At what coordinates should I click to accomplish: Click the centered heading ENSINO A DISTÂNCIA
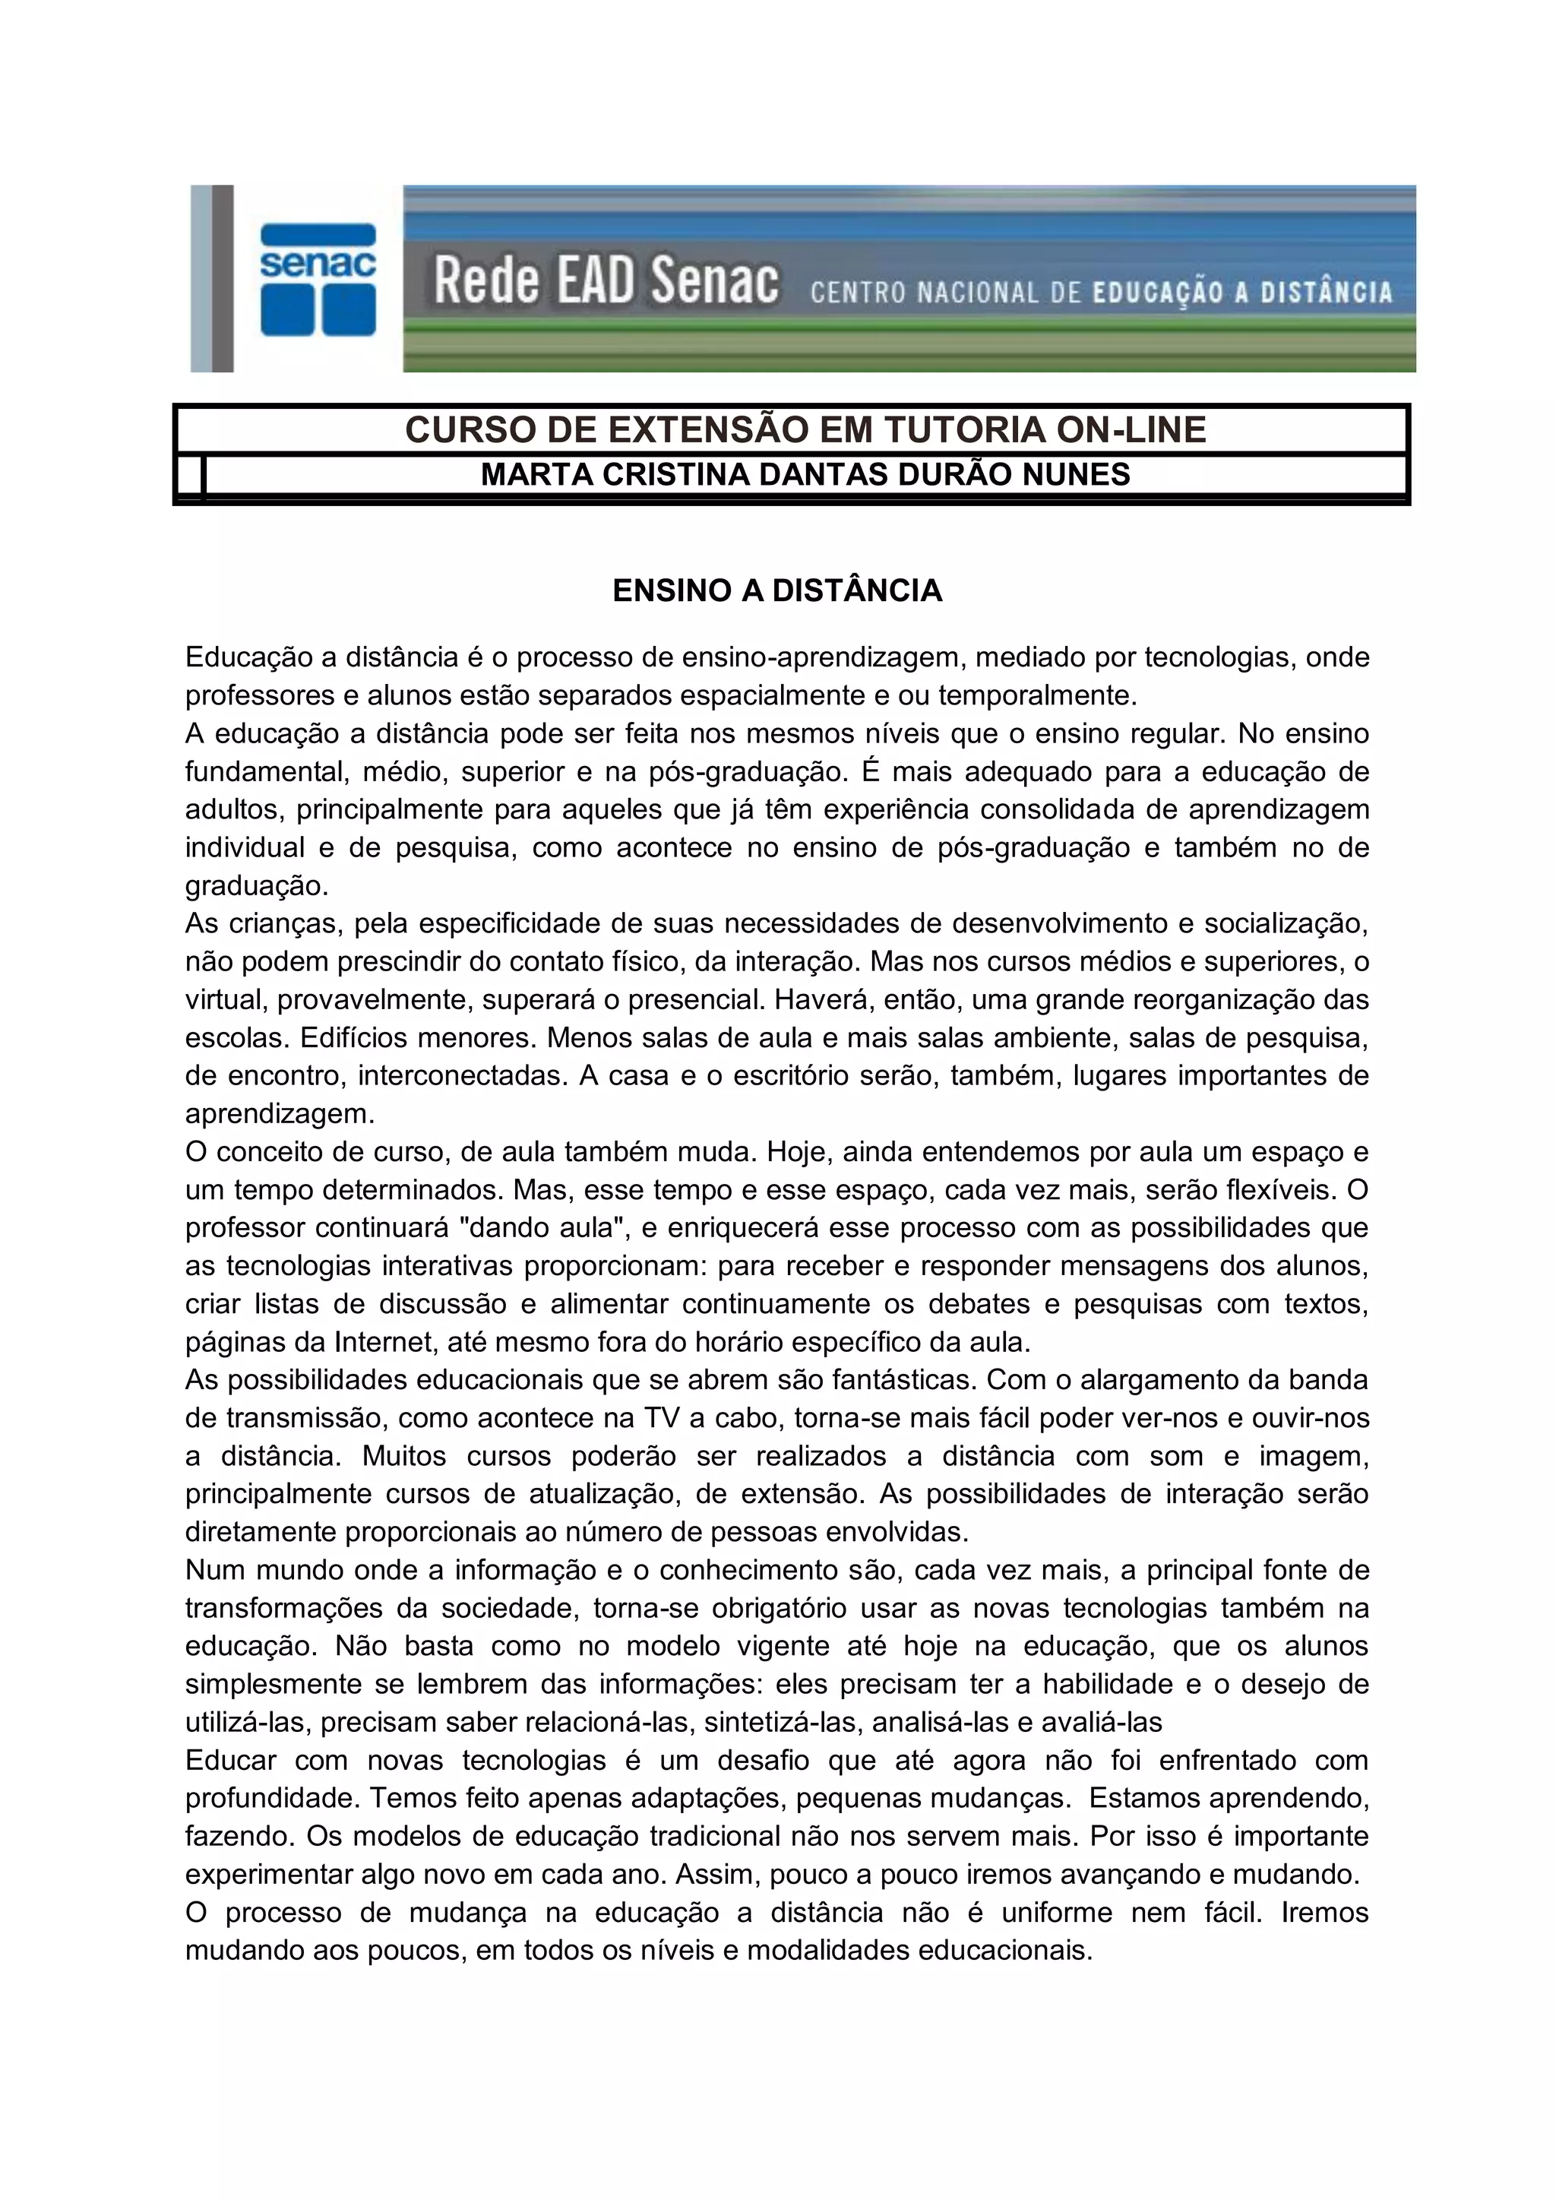[777, 590]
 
